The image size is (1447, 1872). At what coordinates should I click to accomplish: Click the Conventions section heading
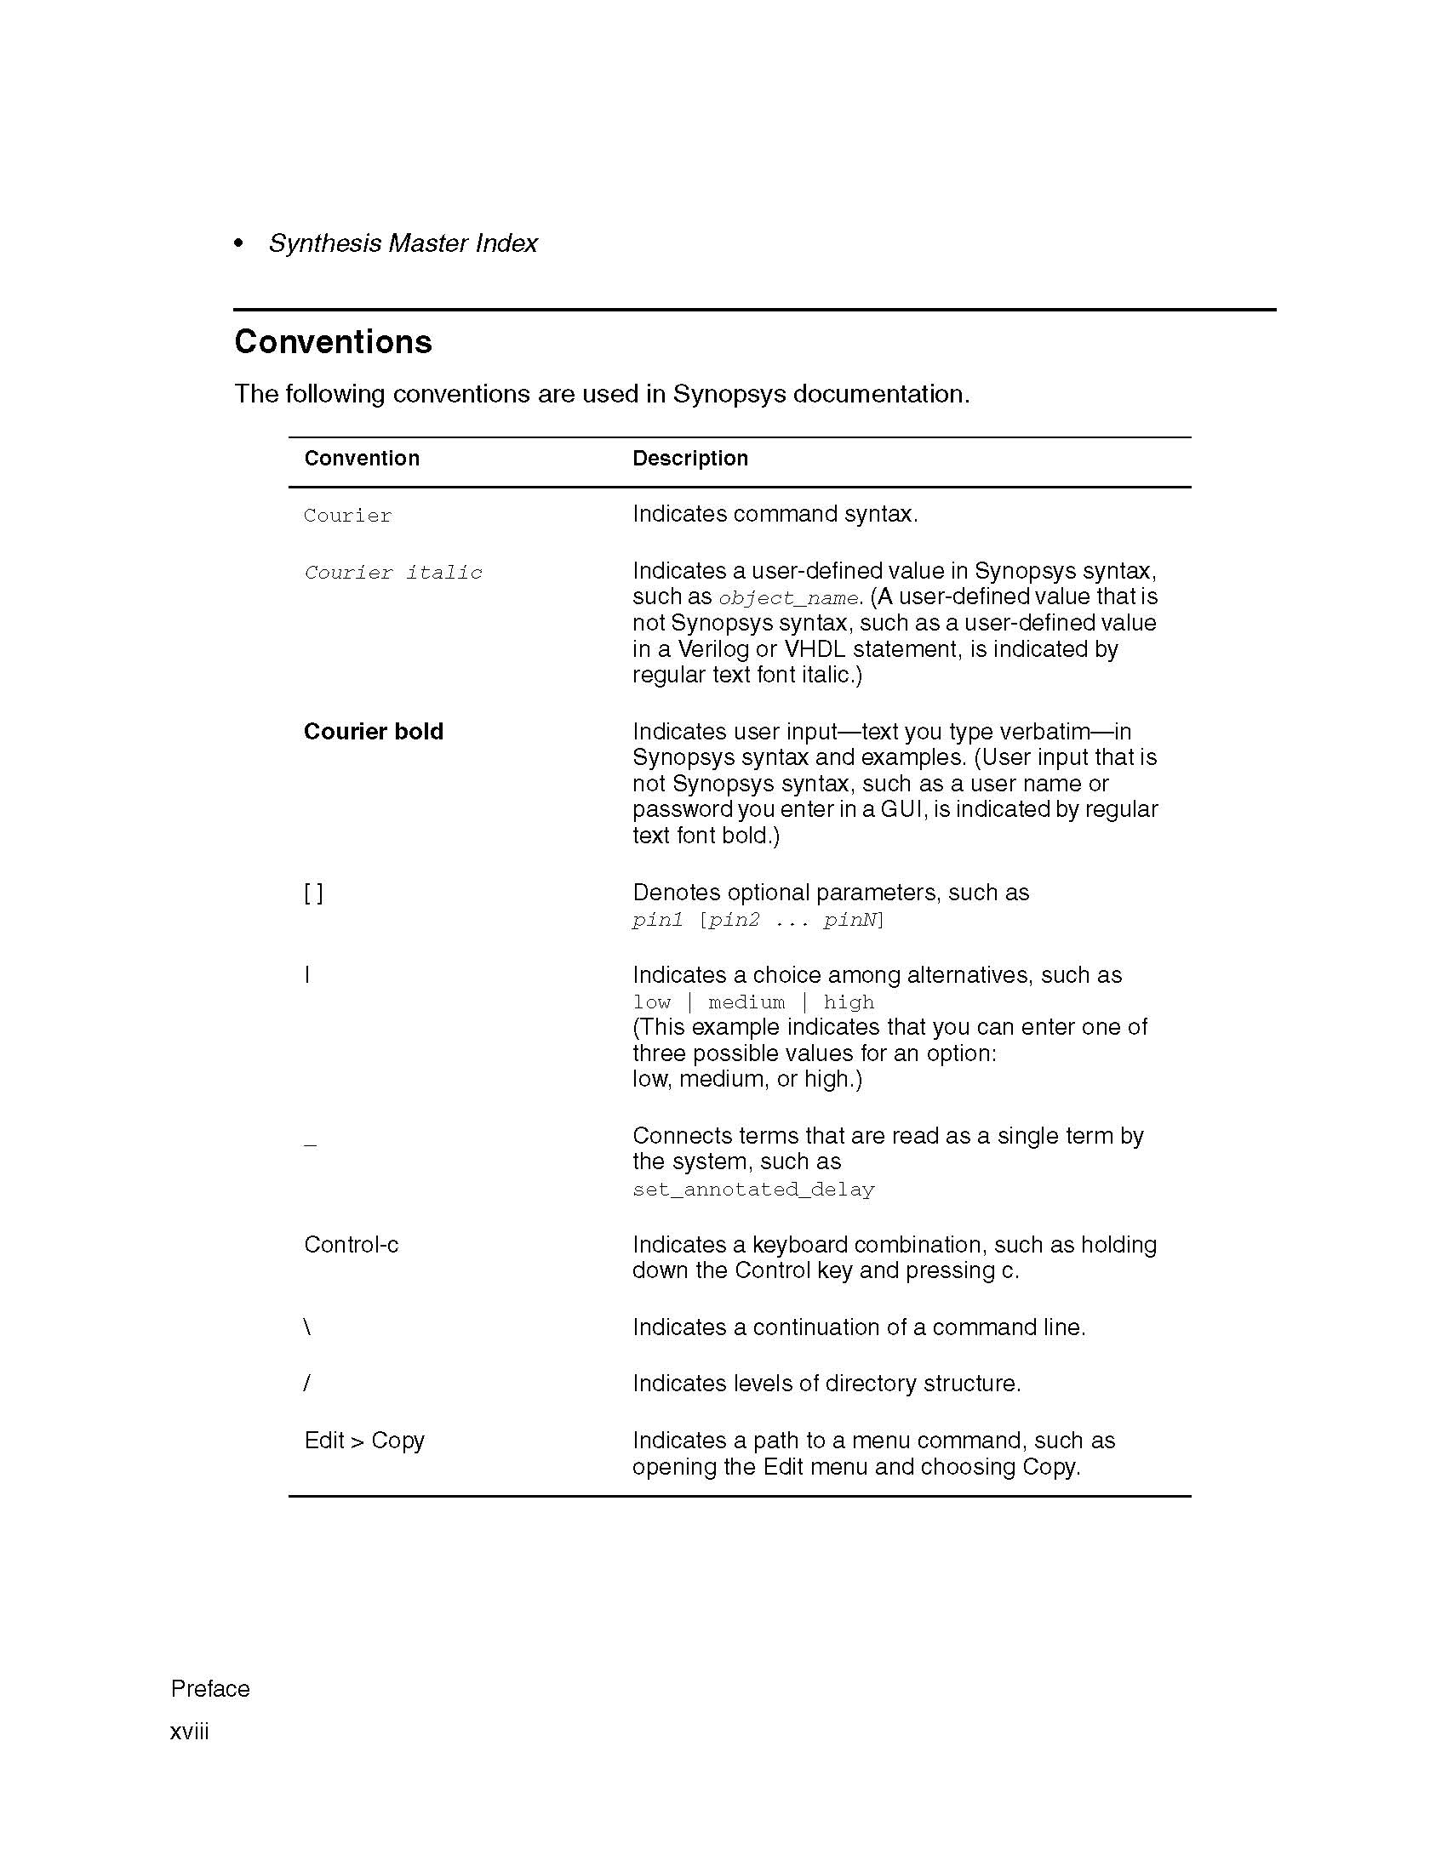tap(333, 342)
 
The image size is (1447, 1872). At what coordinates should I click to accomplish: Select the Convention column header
tap(362, 459)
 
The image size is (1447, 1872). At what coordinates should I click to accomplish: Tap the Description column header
tap(690, 459)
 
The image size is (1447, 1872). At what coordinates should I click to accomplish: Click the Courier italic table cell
tap(392, 573)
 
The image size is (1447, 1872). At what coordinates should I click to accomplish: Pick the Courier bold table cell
tap(373, 732)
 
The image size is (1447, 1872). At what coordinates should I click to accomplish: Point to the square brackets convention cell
tap(314, 893)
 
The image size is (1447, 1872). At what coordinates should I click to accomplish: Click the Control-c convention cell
tap(352, 1245)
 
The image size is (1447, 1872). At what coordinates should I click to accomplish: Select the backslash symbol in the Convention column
tap(307, 1327)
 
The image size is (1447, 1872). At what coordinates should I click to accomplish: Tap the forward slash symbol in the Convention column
tap(307, 1384)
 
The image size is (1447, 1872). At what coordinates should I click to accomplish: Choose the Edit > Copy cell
tap(364, 1441)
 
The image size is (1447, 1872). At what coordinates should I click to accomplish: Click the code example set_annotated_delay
tap(753, 1190)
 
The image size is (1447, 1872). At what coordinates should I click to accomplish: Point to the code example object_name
tap(788, 598)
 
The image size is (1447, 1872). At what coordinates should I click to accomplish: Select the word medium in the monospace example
tap(746, 1002)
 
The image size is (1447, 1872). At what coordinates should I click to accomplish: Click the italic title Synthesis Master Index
tap(403, 243)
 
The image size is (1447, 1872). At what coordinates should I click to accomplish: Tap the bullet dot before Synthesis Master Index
tap(239, 244)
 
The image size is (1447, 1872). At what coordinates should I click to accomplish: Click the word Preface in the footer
tap(210, 1688)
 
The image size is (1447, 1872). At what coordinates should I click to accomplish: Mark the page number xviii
tap(190, 1732)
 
